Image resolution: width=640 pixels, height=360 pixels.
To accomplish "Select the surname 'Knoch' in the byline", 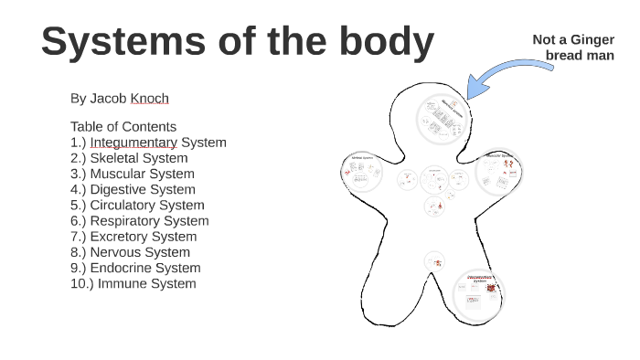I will point(150,98).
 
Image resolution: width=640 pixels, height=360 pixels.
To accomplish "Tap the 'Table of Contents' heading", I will point(123,126).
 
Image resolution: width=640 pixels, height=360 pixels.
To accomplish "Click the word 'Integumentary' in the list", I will point(133,142).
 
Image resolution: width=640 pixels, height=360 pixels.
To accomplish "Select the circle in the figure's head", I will point(444,117).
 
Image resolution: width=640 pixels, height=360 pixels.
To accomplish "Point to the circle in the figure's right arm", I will point(497,173).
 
